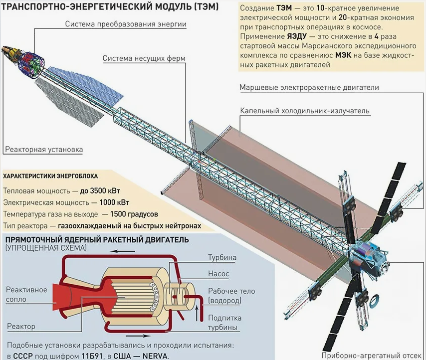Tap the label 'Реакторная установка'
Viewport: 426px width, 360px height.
(44, 150)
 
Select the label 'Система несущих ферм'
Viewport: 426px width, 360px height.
(144, 58)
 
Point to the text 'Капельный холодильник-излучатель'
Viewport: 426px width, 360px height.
(304, 111)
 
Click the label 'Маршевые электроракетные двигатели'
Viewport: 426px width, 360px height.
(309, 87)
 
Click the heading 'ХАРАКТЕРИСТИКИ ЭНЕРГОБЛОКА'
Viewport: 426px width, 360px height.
(50, 177)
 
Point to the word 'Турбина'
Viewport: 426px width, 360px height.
(222, 258)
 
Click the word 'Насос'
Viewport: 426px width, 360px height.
(218, 274)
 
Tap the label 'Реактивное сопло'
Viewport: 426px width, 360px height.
(26, 294)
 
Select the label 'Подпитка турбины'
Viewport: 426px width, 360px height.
(225, 323)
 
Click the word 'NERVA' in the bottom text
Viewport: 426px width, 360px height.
(154, 356)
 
